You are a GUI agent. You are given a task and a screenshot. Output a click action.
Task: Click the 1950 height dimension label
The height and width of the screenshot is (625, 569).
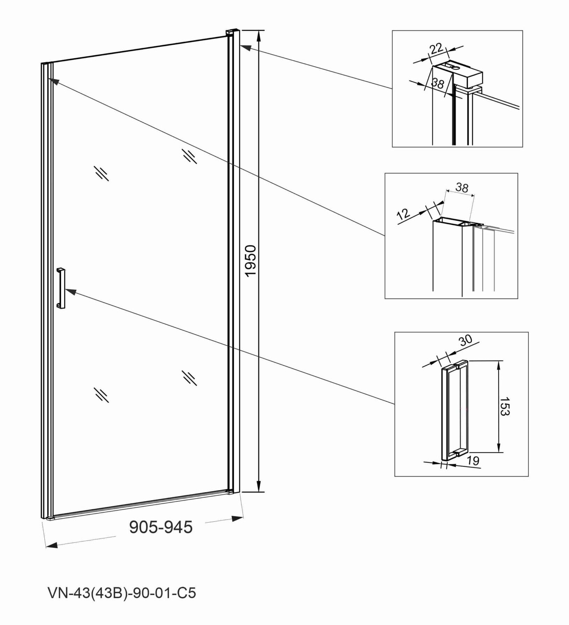tap(251, 261)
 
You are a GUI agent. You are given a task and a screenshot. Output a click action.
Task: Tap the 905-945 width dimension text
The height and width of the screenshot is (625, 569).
tap(161, 527)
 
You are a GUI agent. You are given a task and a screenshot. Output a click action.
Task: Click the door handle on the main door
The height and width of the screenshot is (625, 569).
tap(61, 288)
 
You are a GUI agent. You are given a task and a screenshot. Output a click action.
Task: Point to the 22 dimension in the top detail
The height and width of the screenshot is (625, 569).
tap(436, 48)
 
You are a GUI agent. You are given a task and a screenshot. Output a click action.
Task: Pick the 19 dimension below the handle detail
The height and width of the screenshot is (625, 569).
tap(473, 460)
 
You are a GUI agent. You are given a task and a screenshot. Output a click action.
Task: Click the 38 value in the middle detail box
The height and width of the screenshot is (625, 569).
tap(462, 188)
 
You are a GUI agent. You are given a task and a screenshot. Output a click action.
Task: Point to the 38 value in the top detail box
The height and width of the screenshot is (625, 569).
tap(437, 83)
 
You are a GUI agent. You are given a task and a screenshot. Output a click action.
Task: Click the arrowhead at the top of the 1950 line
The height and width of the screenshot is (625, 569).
tap(259, 36)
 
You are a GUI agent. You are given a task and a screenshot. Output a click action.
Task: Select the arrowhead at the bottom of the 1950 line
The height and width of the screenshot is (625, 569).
tap(259, 486)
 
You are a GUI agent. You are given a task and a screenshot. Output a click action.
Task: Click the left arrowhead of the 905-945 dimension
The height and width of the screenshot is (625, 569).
tap(52, 545)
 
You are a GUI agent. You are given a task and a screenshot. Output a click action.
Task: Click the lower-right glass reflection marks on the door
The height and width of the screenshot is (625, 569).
tap(189, 378)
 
